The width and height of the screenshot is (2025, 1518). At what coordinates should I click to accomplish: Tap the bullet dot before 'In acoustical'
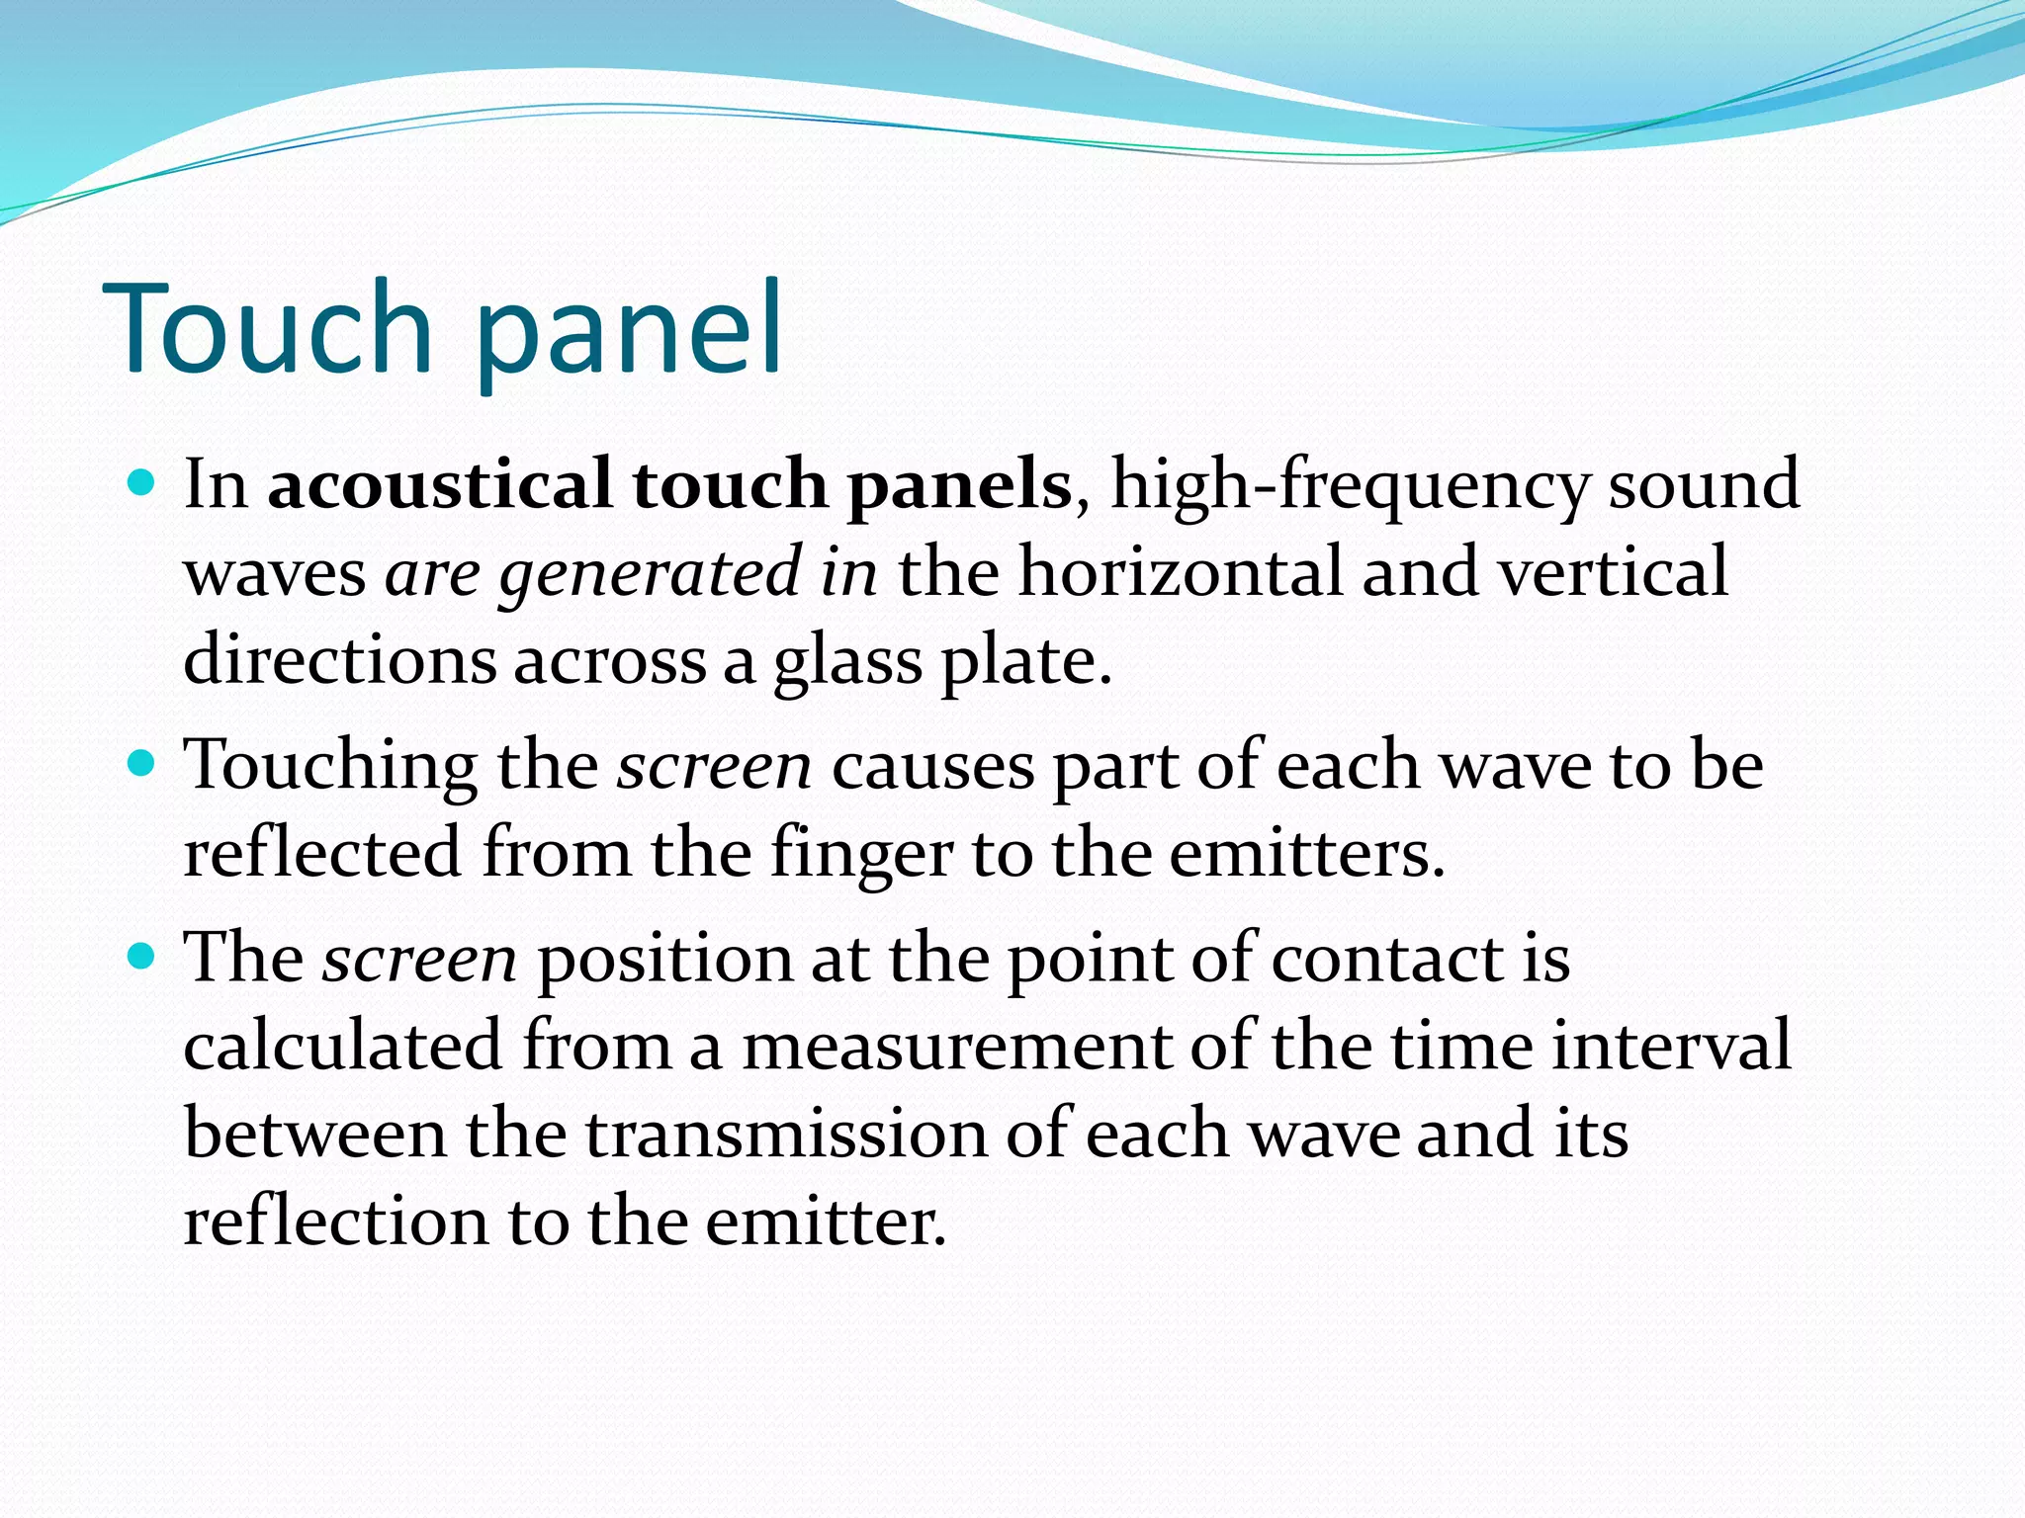pyautogui.click(x=142, y=483)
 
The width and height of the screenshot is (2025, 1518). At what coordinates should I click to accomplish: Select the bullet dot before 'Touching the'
pyautogui.click(x=142, y=763)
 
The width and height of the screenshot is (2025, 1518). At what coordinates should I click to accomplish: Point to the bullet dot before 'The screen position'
pyautogui.click(x=142, y=956)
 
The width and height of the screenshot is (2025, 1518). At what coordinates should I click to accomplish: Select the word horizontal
pyautogui.click(x=1181, y=572)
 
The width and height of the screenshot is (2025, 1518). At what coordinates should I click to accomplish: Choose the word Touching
pyautogui.click(x=331, y=766)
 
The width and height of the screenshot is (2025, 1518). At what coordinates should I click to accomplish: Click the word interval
pyautogui.click(x=1671, y=1045)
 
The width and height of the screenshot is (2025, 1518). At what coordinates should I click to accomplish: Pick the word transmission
pyautogui.click(x=786, y=1134)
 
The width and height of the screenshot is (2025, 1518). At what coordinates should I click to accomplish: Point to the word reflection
pyautogui.click(x=335, y=1222)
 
